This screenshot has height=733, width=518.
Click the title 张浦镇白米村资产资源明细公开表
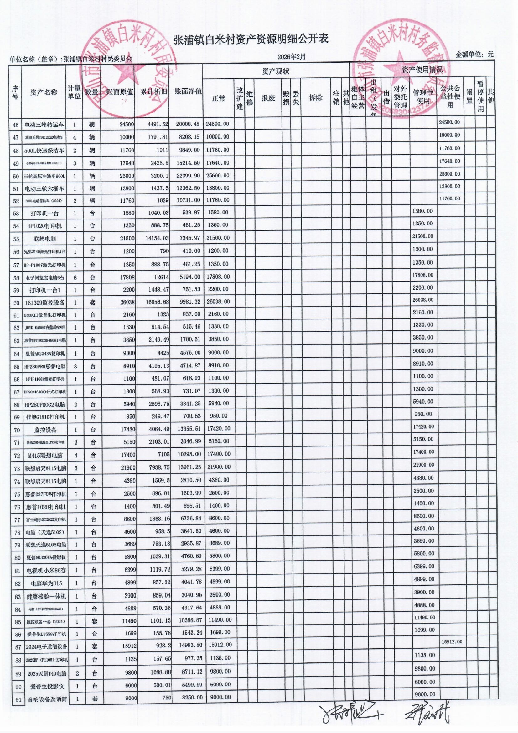tap(251, 39)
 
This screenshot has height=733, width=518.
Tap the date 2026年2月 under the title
tap(291, 57)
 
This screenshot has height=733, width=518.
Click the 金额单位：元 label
tap(474, 55)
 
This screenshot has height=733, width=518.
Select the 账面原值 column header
tap(120, 92)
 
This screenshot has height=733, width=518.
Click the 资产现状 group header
tap(276, 71)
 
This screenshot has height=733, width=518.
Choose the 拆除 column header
tap(315, 98)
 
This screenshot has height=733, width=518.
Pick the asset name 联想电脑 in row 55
tap(45, 239)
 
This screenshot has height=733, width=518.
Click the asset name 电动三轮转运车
tap(44, 125)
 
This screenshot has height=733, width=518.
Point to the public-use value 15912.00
tap(451, 642)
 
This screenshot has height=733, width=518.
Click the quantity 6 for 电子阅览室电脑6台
tap(75, 277)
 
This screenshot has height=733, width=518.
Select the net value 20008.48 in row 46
tap(188, 124)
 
